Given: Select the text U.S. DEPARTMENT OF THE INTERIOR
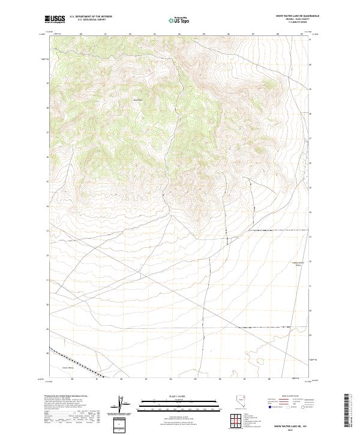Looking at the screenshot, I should click(91, 16).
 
